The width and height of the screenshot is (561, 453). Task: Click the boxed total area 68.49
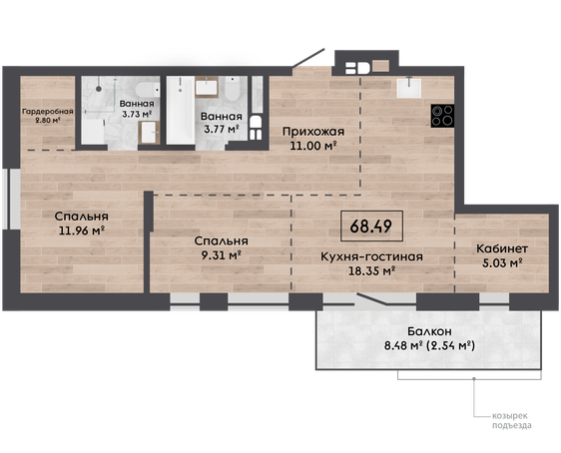[x=371, y=226]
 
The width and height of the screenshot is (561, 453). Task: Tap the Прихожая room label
[x=313, y=132]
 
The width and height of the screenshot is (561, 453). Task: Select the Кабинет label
[x=502, y=248]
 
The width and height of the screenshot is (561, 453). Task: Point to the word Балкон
[x=429, y=331]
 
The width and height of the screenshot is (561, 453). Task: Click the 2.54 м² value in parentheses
[x=451, y=346]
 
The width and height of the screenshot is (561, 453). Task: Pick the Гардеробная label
[x=48, y=112]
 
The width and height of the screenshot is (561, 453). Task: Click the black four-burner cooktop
[x=442, y=116]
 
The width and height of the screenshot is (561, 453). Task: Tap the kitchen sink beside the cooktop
[x=409, y=88]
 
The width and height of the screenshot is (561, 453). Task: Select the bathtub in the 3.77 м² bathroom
[x=181, y=110]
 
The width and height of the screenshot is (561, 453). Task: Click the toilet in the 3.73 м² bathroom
[x=148, y=90]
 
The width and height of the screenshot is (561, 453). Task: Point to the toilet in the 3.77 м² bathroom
[x=233, y=89]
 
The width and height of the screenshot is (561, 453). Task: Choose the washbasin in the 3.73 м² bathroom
[x=149, y=133]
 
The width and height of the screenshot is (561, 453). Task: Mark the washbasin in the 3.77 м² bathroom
[x=207, y=87]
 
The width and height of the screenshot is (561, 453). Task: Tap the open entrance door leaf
[x=308, y=58]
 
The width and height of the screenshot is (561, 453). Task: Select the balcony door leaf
[x=372, y=299]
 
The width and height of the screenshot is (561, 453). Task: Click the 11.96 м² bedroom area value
[x=82, y=230]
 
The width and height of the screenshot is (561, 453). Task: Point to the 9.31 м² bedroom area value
[x=222, y=255]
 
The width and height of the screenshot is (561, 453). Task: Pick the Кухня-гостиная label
[x=371, y=256]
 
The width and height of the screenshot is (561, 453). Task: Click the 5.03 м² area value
[x=502, y=263]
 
